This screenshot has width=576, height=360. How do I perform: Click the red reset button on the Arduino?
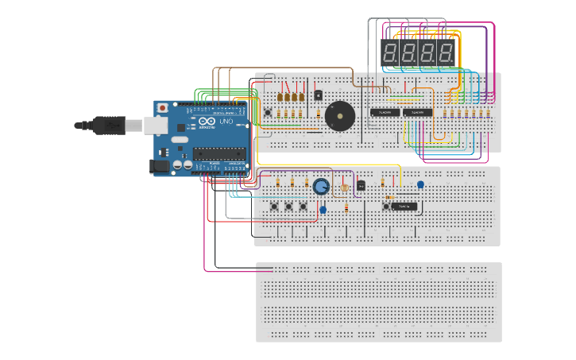163,107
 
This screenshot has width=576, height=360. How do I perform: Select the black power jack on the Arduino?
160,166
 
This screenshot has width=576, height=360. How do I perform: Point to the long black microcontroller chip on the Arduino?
220,153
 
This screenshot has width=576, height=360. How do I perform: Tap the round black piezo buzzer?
340,117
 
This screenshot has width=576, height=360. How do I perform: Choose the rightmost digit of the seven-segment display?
446,53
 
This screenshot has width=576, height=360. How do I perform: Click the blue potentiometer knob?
321,187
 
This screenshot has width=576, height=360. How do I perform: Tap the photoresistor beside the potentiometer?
344,189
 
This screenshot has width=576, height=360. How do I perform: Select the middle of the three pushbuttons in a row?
288,207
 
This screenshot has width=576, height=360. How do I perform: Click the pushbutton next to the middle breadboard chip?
387,207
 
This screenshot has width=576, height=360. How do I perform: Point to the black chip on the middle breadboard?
404,207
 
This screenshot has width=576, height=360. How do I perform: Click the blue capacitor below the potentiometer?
323,210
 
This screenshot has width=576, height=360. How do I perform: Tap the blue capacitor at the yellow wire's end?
420,185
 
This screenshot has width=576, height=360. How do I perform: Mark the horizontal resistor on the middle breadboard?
390,197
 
